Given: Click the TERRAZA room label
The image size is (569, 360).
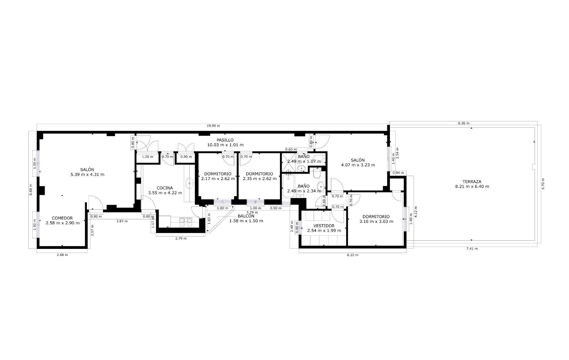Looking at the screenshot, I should pos(472,182).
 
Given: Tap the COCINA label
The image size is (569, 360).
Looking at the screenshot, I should pos(165,188).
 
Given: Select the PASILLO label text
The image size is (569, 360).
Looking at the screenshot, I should pos(225,140).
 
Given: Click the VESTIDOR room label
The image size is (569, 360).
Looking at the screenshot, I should pos(324,226).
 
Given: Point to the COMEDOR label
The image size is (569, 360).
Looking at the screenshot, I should pos(62,218).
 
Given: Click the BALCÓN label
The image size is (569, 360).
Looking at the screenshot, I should pos(246,216).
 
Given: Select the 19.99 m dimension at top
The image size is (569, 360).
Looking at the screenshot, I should pos(213,126).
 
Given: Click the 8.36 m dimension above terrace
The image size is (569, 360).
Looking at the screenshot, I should pos(464,123).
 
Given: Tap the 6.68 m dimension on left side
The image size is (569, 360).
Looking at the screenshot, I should pos(31,190).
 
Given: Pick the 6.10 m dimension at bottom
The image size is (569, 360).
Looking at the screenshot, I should pos(353,255).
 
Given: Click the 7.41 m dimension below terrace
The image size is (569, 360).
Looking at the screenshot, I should pos(472,249).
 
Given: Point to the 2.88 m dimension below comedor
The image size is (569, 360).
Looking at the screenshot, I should pos(62,255).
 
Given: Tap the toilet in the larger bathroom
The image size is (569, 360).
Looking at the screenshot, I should pos(317,174).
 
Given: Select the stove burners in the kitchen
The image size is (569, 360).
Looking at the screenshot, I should pos(186,222).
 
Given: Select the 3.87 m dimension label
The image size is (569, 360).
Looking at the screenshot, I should pos(122,221).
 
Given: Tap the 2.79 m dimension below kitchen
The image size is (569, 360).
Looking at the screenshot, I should pos(181,238).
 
